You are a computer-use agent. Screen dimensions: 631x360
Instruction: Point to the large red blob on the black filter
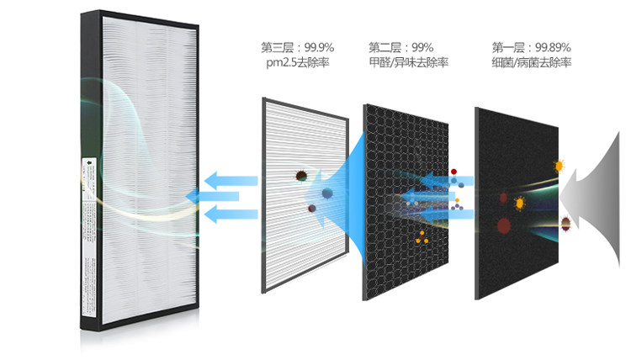coord(505,225)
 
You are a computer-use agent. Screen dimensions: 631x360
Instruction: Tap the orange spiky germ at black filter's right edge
coord(557,166)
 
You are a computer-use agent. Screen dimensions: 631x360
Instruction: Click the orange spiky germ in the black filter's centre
coord(519,202)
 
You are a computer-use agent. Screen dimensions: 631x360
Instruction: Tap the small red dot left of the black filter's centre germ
coord(503,197)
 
